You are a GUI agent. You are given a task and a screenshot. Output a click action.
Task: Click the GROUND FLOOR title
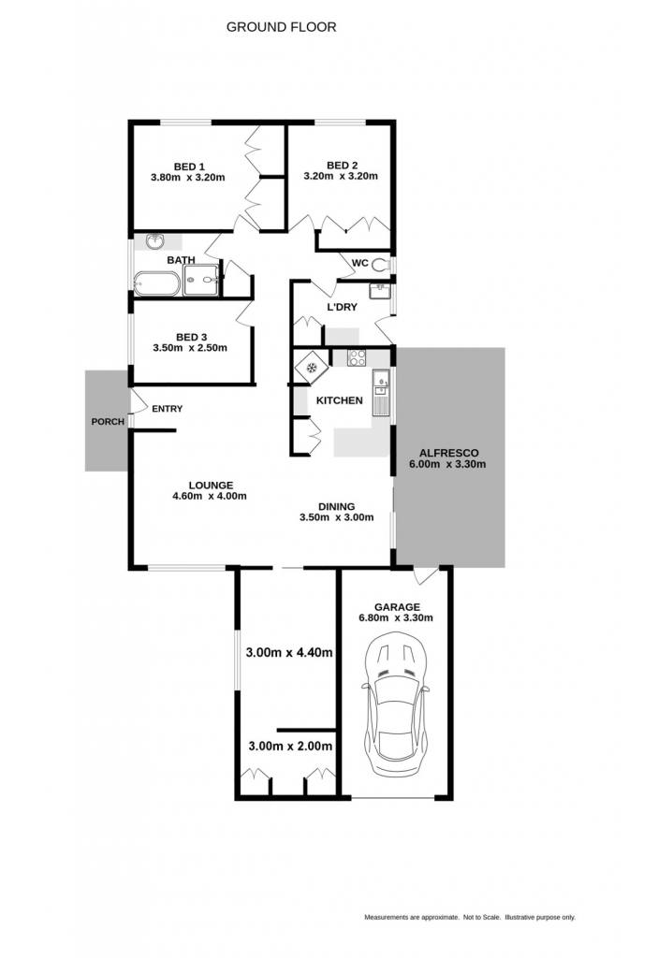(282, 27)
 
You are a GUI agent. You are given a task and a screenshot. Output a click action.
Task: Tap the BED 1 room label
(189, 167)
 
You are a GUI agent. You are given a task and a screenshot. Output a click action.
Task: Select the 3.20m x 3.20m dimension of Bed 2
(341, 176)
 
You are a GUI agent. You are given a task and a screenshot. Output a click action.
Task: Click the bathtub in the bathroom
(156, 283)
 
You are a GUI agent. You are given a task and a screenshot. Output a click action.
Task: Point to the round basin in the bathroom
(156, 241)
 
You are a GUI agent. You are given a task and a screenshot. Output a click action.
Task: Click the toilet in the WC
(382, 265)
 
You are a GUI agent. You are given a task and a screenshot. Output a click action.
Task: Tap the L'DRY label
(342, 307)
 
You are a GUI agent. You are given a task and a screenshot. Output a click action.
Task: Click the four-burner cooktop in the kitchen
(357, 357)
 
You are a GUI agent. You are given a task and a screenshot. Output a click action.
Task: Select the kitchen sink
(381, 393)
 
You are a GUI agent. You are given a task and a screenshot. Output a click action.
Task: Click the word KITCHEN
(340, 400)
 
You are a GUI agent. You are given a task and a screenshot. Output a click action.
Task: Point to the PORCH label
(108, 422)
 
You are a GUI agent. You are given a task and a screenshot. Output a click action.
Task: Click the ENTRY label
(167, 409)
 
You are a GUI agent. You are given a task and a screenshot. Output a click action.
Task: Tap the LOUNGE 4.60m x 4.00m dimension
(210, 496)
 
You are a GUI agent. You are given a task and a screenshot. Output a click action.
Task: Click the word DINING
(336, 506)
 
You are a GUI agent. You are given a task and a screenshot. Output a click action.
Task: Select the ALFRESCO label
(449, 454)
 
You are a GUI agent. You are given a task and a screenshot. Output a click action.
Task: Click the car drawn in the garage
(396, 704)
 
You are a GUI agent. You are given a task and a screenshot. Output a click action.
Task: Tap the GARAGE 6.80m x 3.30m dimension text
(396, 617)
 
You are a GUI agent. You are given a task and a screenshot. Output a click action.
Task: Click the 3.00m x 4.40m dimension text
(289, 652)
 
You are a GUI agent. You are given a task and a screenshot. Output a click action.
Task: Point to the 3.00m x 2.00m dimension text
(290, 746)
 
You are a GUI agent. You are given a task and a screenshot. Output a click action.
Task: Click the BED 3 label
(191, 337)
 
